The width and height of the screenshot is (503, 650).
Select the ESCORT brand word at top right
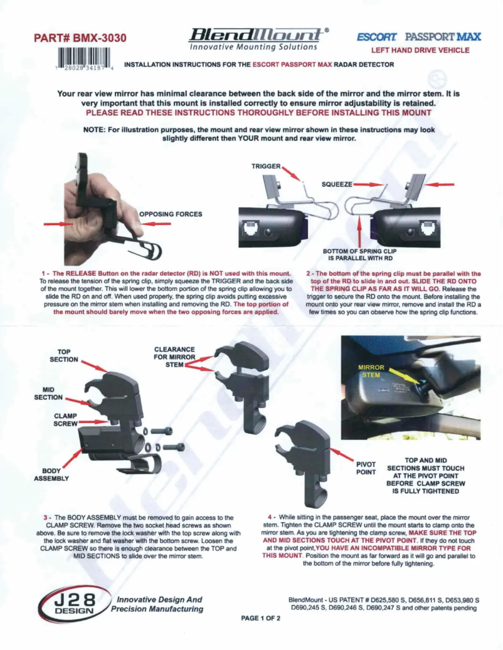(376, 37)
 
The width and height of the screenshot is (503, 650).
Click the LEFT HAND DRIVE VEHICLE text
(420, 50)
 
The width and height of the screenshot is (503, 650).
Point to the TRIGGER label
(266, 166)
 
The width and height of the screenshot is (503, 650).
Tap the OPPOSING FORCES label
(171, 214)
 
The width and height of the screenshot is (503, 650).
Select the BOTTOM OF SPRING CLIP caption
(360, 254)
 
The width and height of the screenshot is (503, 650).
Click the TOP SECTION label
(64, 356)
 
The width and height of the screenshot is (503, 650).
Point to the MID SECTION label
(48, 393)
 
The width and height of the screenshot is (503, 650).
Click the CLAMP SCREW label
(65, 419)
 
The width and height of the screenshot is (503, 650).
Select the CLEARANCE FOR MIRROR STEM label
(174, 357)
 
